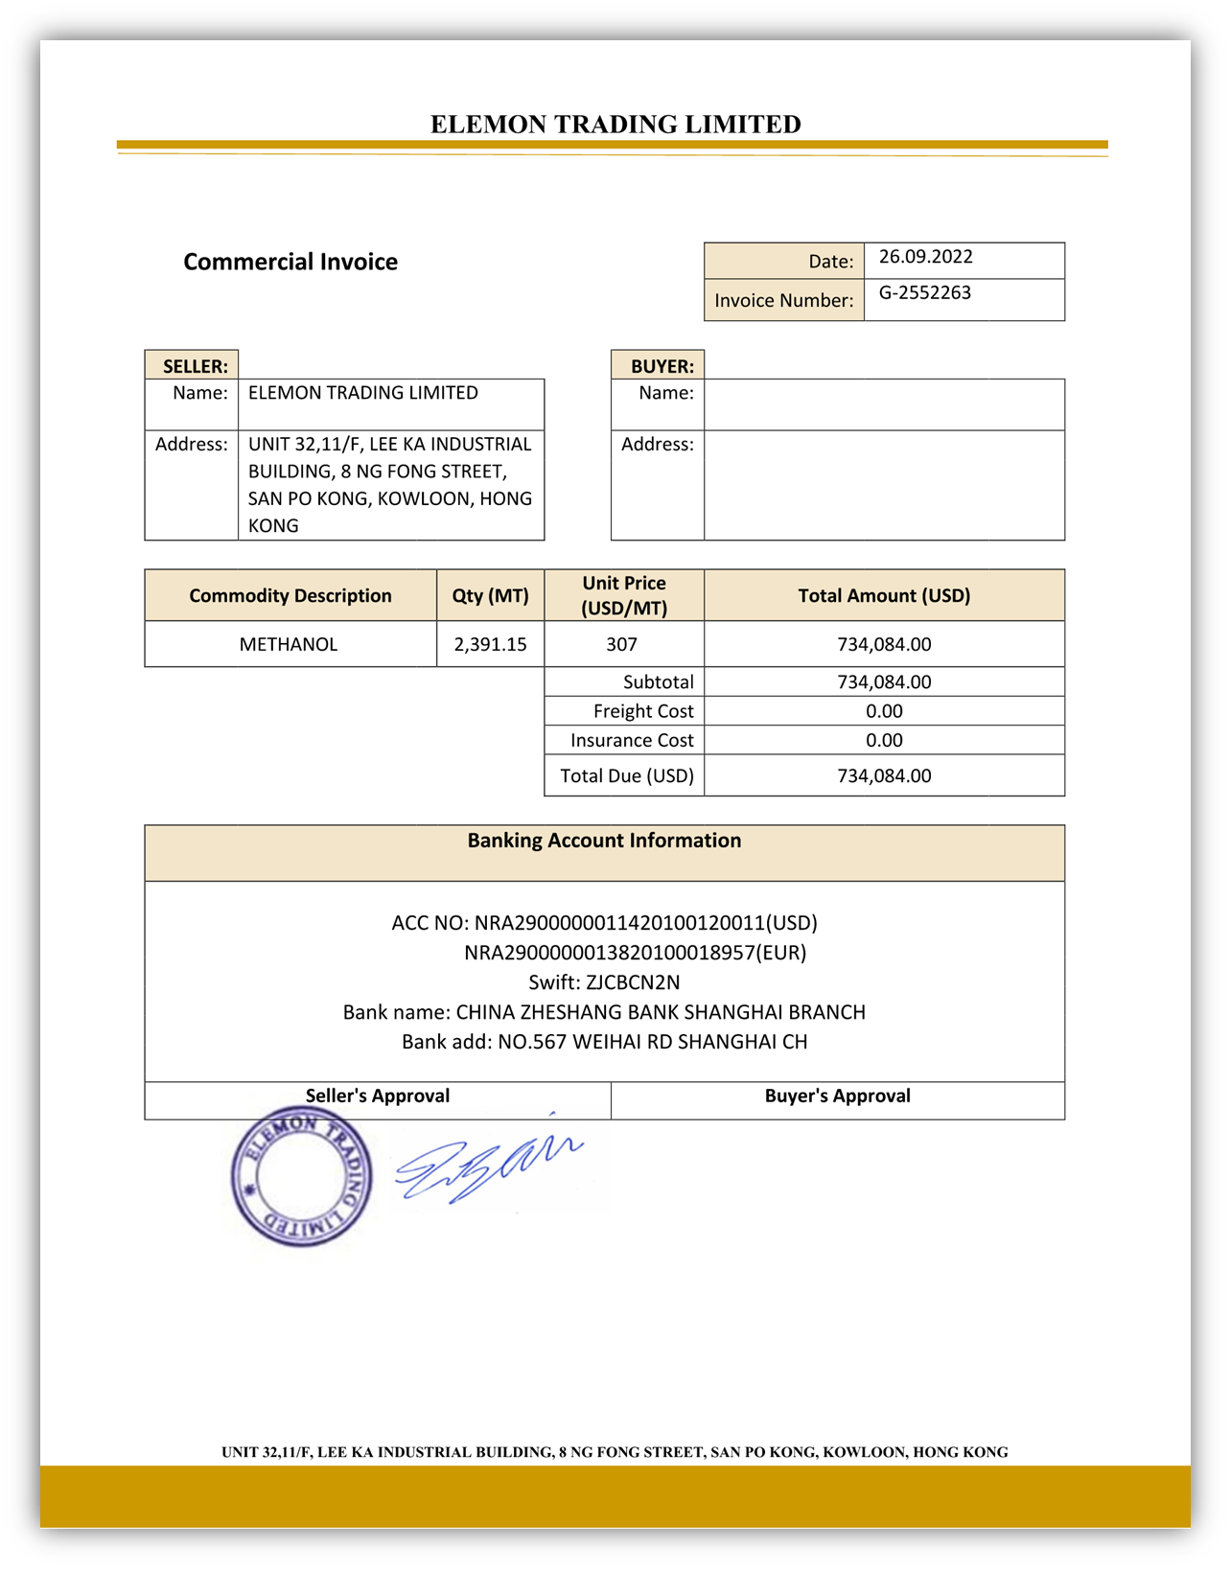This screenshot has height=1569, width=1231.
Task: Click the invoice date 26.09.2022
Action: pos(925,257)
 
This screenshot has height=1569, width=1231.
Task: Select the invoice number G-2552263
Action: pos(924,293)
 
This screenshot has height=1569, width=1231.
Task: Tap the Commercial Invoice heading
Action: pos(290,262)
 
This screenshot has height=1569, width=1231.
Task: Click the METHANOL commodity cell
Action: pos(289,644)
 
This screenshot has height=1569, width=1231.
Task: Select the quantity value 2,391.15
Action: pos(490,644)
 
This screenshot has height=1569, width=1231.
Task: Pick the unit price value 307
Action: pos(622,644)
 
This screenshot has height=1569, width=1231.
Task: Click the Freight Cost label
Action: pos(642,711)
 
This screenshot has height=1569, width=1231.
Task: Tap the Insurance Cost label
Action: pos(631,740)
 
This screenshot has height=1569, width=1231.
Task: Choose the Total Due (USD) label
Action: pos(626,775)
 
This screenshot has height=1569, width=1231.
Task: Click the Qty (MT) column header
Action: pos(490,595)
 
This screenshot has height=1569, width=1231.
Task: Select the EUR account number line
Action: pos(635,953)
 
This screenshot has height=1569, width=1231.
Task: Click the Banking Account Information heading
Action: pos(604,841)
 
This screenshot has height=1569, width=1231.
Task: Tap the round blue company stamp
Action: pos(301,1176)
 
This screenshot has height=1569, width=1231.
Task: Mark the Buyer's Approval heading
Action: pos(837,1096)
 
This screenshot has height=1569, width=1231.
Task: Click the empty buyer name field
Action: pos(883,404)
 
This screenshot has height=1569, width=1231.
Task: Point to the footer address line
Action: pos(615,1452)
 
